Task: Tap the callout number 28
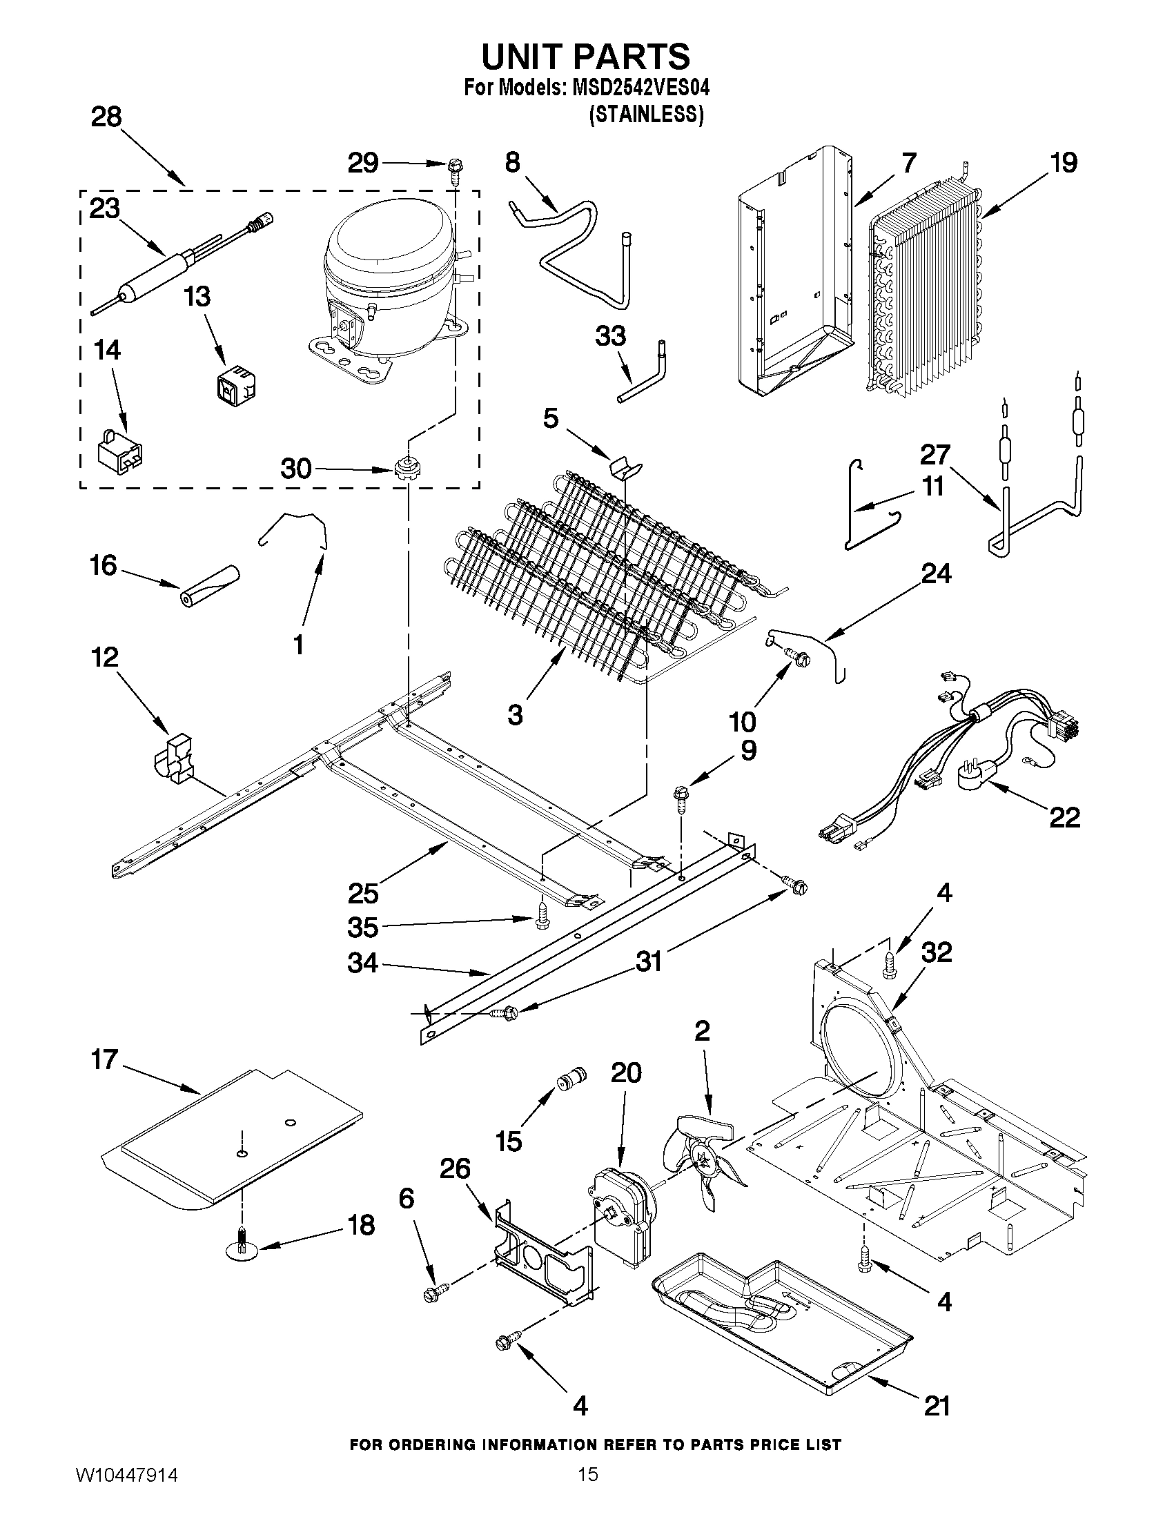click(x=106, y=117)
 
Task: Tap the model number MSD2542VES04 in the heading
click(x=640, y=89)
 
